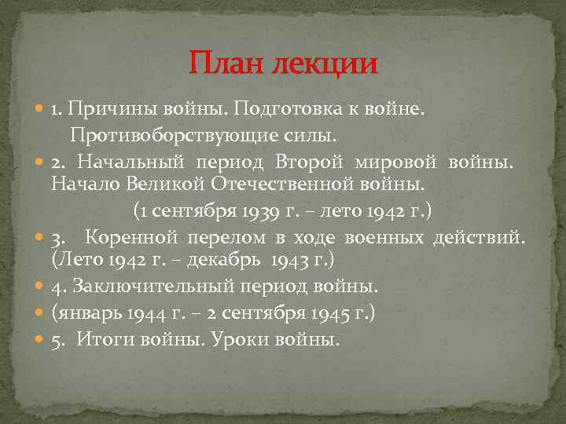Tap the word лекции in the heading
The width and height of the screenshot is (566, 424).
point(325,63)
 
